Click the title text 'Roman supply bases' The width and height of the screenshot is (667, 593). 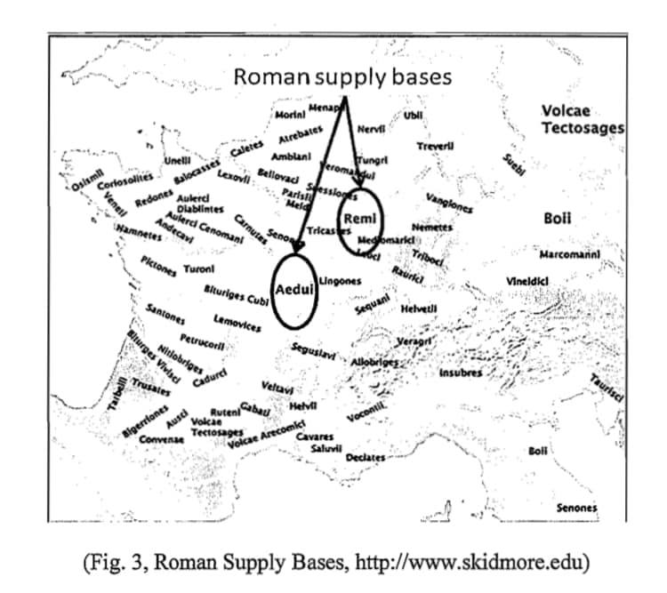[342, 76]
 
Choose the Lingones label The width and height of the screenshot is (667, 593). [340, 280]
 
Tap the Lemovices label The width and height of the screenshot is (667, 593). [237, 323]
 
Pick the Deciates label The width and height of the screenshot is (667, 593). [366, 457]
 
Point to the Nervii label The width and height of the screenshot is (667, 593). [370, 130]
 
